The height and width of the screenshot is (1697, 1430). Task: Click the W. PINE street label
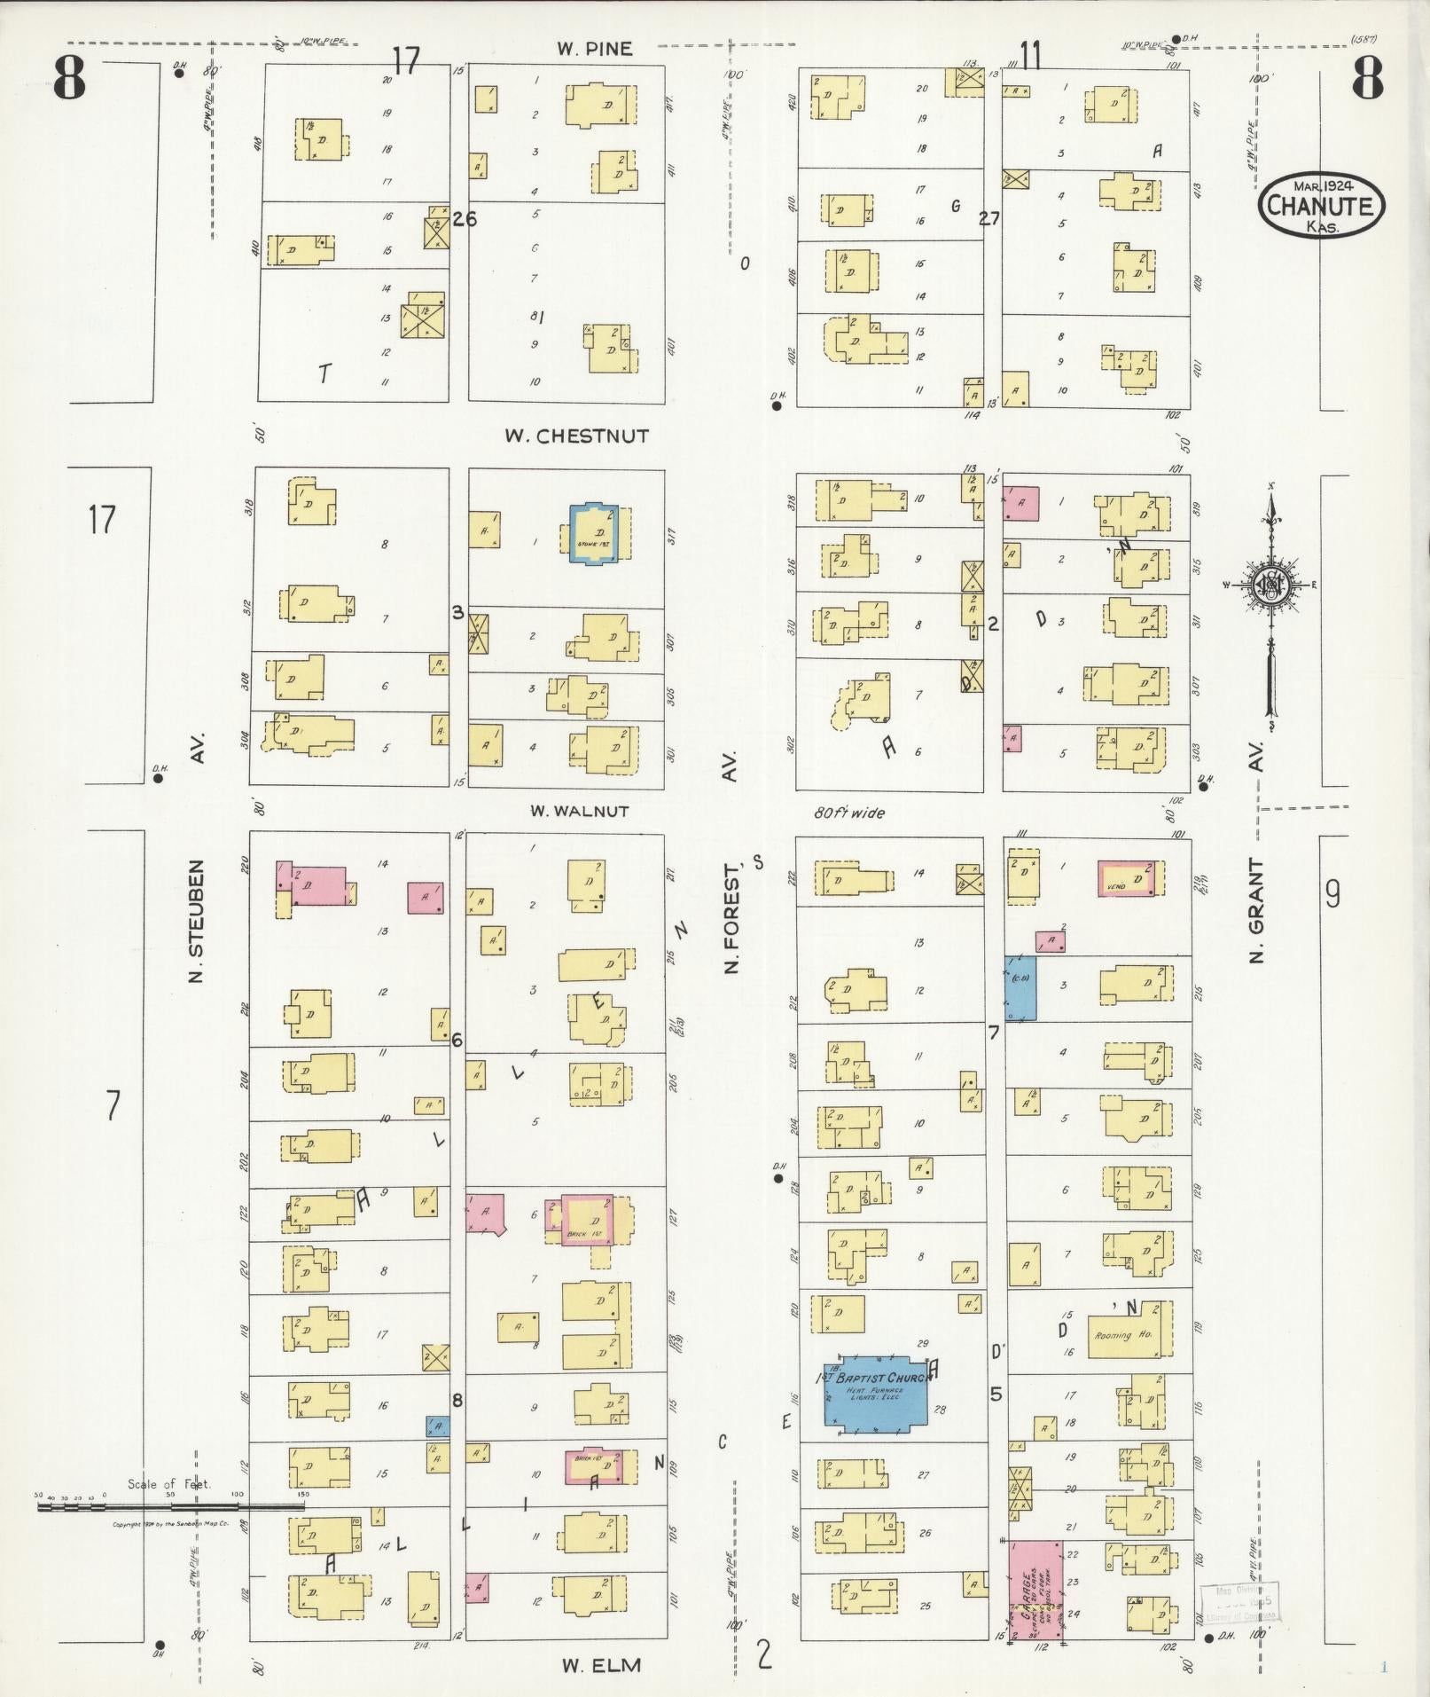595,49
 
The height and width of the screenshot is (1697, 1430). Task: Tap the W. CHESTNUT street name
576,436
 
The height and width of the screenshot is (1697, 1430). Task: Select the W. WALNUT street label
579,811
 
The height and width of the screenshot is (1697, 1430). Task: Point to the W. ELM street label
600,1664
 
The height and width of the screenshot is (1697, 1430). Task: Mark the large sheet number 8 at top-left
70,78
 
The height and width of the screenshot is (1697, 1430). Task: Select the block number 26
464,218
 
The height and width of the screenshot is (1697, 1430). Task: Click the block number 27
988,218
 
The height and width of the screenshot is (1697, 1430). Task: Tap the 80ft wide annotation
848,813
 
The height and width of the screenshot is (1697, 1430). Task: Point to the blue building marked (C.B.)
1020,987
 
